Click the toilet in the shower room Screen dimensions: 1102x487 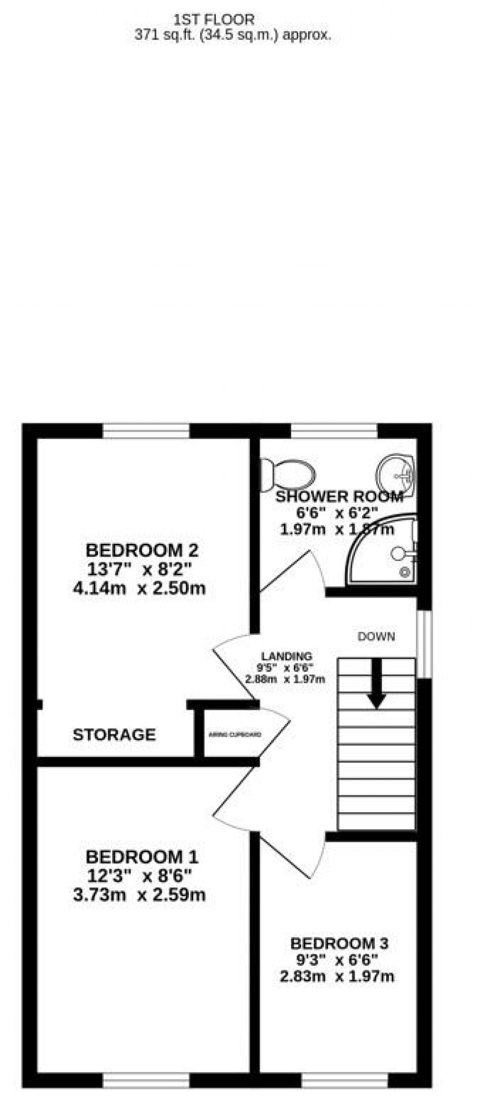[x=289, y=473]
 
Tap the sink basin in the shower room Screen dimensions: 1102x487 [x=397, y=473]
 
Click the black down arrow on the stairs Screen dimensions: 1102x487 [x=377, y=684]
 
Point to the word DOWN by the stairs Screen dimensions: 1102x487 [x=376, y=637]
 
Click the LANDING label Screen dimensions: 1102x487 [x=286, y=657]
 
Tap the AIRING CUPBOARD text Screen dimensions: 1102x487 [x=235, y=735]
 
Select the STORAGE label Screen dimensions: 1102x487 [x=114, y=735]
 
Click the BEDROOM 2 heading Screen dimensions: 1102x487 [x=142, y=551]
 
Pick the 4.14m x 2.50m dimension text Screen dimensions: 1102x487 [x=139, y=589]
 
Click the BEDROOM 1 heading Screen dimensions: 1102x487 [x=142, y=857]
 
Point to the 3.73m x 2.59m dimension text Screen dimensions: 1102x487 [x=139, y=895]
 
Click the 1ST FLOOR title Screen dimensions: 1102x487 [x=214, y=20]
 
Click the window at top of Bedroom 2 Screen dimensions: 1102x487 [x=146, y=431]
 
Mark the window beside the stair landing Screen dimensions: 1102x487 [x=424, y=644]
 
